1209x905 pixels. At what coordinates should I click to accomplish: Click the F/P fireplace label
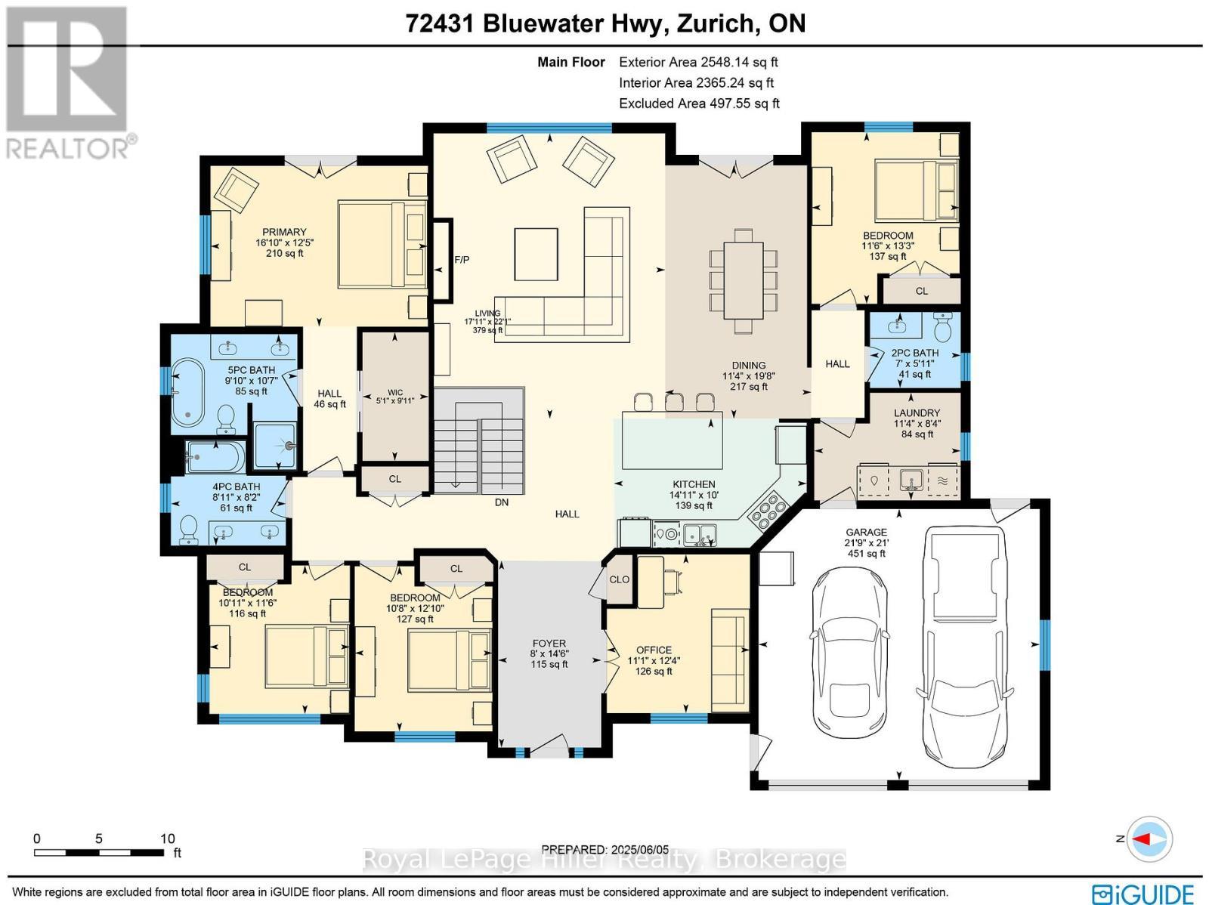click(462, 260)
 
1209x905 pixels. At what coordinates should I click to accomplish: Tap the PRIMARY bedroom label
click(284, 232)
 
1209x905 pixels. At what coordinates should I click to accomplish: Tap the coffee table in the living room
click(536, 254)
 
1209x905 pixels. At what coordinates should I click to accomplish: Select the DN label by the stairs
click(502, 502)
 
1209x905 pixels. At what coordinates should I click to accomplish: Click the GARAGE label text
click(866, 533)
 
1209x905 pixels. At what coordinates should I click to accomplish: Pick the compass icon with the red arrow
click(1149, 839)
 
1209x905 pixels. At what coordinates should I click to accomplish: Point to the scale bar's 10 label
click(167, 839)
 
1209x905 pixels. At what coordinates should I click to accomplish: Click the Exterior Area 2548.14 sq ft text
click(698, 63)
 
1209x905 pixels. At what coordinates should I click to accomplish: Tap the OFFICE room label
click(654, 650)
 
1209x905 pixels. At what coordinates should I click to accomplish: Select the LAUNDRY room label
click(917, 413)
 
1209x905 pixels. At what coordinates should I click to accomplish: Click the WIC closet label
click(395, 392)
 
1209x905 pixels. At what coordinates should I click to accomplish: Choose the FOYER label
click(549, 644)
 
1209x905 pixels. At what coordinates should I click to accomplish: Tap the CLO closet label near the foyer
click(620, 579)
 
